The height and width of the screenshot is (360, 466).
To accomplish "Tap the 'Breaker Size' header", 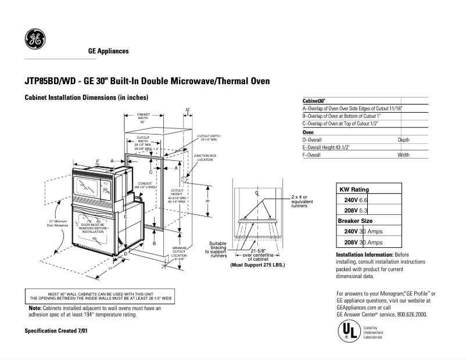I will click(x=356, y=221).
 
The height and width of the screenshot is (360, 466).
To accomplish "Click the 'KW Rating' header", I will click(x=354, y=189).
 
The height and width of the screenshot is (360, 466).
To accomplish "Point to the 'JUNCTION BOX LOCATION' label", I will click(x=205, y=157).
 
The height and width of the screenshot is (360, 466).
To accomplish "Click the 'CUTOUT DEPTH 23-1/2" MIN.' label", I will click(x=209, y=138).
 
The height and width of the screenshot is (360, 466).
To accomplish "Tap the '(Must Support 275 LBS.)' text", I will click(x=258, y=265).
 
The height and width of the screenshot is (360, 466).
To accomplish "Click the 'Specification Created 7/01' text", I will click(x=56, y=330).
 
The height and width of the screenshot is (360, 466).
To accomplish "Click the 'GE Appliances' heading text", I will click(x=108, y=51).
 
